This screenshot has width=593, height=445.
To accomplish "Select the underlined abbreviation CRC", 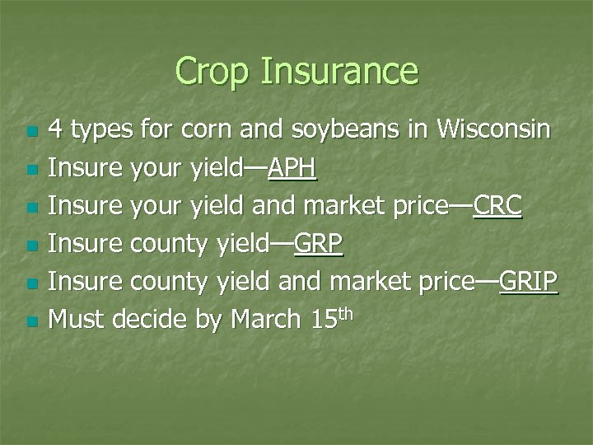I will click(x=497, y=206).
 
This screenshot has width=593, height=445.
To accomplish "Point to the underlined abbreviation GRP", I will click(x=318, y=244).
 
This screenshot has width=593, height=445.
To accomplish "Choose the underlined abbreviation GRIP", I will click(x=528, y=282).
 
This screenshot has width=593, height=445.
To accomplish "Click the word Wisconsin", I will click(x=493, y=130).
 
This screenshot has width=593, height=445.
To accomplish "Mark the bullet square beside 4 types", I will click(x=32, y=133).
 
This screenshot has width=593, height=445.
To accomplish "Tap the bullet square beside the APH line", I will click(x=32, y=171).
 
